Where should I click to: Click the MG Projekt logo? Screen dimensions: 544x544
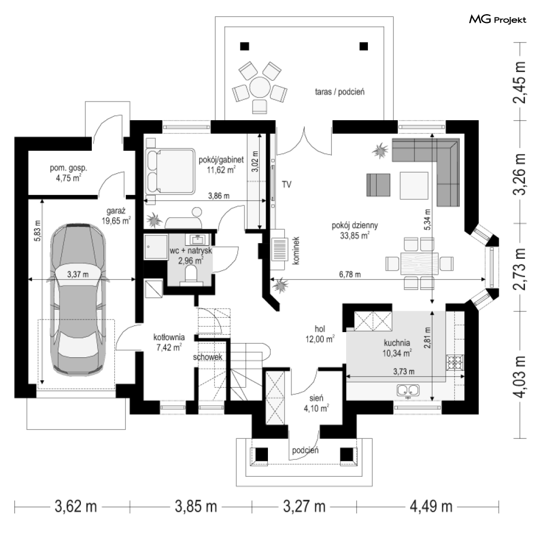click(498, 20)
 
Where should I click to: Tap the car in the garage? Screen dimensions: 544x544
click(78, 300)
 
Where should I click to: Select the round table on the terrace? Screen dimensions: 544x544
click(260, 87)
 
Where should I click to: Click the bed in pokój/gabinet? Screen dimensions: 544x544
click(170, 171)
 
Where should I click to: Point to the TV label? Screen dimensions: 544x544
click(286, 185)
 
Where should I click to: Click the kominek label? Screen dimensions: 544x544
click(296, 251)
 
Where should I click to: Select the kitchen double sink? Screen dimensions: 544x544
click(408, 391)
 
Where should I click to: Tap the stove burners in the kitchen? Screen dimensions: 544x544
click(455, 363)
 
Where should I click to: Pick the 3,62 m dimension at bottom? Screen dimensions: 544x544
click(76, 506)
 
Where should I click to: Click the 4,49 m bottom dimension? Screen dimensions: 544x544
click(431, 506)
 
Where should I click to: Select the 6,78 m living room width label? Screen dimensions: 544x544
click(350, 274)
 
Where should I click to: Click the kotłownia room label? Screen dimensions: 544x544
click(169, 337)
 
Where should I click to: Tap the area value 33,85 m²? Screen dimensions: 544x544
click(355, 236)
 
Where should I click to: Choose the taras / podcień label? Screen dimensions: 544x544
click(340, 92)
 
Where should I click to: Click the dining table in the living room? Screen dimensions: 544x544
click(420, 264)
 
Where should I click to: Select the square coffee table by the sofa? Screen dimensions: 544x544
click(414, 186)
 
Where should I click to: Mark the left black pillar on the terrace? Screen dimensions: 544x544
click(244, 46)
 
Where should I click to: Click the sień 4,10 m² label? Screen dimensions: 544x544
click(317, 404)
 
